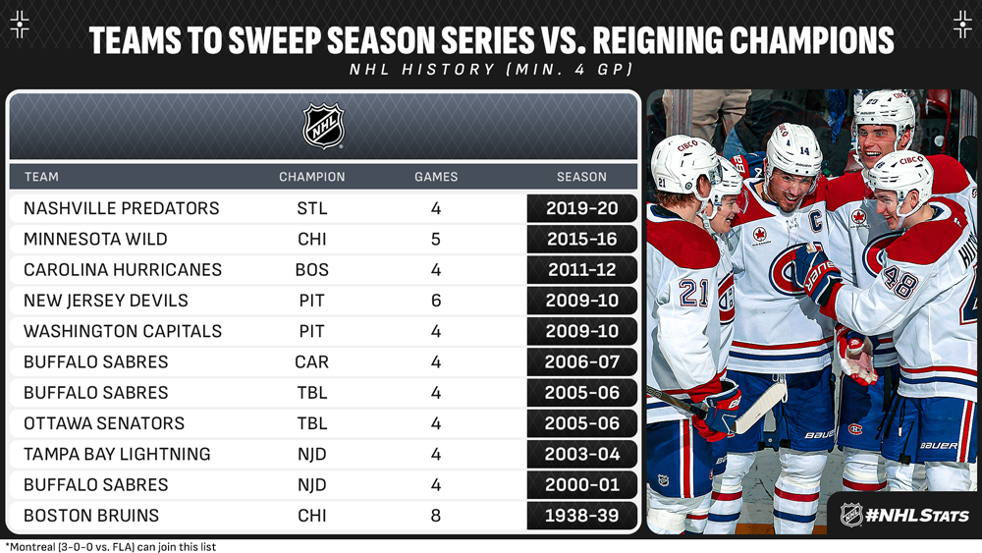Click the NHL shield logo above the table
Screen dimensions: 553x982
pos(323,126)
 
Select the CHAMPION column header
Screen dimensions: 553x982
pos(311,177)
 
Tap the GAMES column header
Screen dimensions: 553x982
pos(436,177)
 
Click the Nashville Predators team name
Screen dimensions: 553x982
pos(121,208)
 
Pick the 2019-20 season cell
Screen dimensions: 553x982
pos(581,208)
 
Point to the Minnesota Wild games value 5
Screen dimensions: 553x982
pos(436,239)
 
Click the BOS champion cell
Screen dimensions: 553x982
pos(311,269)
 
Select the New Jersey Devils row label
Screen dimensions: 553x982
pos(105,301)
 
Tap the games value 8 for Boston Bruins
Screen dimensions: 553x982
pos(436,516)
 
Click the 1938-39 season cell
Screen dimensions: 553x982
pos(581,516)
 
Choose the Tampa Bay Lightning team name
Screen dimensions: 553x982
pos(117,454)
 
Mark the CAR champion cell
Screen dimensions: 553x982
pos(311,361)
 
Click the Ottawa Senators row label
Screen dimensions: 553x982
pos(103,423)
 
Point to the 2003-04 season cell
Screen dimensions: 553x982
pos(581,454)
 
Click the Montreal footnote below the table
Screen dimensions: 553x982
pos(110,546)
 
